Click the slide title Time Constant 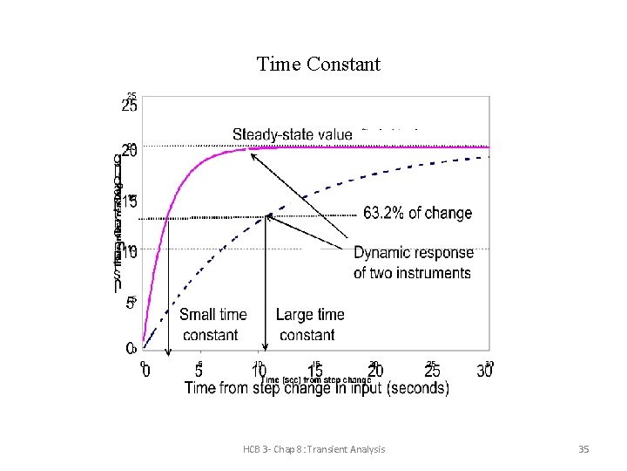pyautogui.click(x=319, y=65)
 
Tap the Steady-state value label pyautogui.click(x=293, y=134)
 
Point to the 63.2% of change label pyautogui.click(x=417, y=213)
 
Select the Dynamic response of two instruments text pyautogui.click(x=413, y=263)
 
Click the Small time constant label pyautogui.click(x=212, y=324)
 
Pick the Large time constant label pyautogui.click(x=309, y=324)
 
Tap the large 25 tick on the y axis pyautogui.click(x=129, y=107)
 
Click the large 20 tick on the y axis pyautogui.click(x=129, y=151)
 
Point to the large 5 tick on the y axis pyautogui.click(x=130, y=303)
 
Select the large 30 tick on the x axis pyautogui.click(x=485, y=372)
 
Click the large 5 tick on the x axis pyautogui.click(x=199, y=372)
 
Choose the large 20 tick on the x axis pyautogui.click(x=375, y=372)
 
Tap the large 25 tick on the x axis pyautogui.click(x=432, y=372)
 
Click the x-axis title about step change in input pyautogui.click(x=317, y=389)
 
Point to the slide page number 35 pyautogui.click(x=583, y=449)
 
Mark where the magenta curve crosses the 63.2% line pyautogui.click(x=168, y=218)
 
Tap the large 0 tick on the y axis pyautogui.click(x=130, y=347)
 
